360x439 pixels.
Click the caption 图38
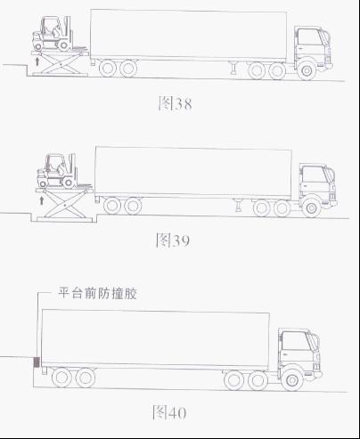(x=175, y=103)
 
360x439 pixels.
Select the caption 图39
(x=173, y=240)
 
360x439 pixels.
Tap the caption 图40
(x=169, y=412)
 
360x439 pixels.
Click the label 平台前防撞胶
(x=97, y=293)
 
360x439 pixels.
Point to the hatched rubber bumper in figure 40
(x=37, y=362)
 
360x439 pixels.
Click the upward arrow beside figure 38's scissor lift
(x=37, y=61)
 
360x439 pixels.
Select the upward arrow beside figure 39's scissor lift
(x=42, y=200)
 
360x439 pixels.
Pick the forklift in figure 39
(x=63, y=172)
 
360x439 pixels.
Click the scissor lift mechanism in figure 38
(x=61, y=63)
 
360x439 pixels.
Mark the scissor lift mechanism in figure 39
(x=64, y=205)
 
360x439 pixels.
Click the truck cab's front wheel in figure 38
(x=307, y=70)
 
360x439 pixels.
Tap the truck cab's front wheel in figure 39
(x=311, y=207)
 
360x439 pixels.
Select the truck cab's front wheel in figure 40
(x=291, y=379)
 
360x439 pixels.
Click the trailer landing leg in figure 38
(x=233, y=69)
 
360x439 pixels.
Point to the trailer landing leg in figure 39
(x=238, y=205)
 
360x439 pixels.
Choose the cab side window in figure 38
(x=309, y=37)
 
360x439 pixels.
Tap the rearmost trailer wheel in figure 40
(x=61, y=378)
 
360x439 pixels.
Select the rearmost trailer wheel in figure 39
(x=111, y=206)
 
